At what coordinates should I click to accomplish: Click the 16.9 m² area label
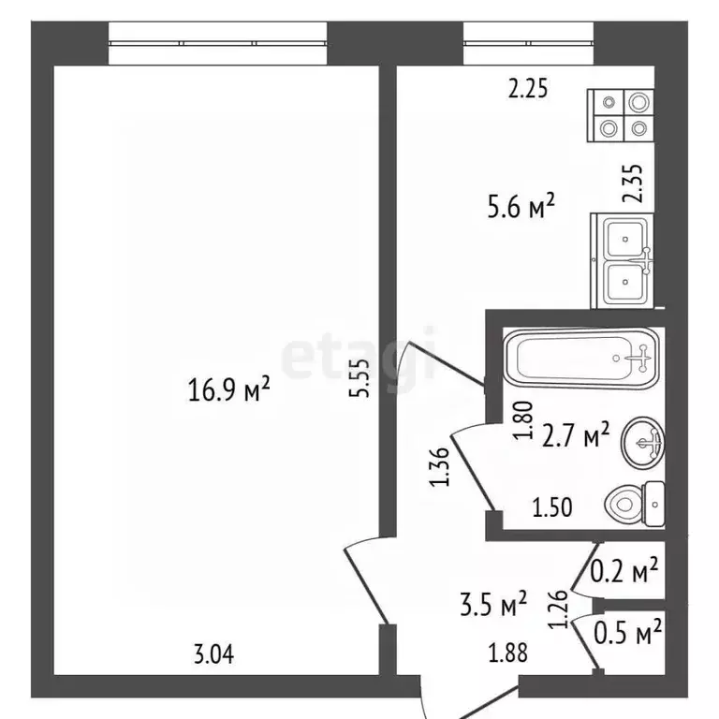pos(228,389)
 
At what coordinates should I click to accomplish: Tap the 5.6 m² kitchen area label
pos(521,206)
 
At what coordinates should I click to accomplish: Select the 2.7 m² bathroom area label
pos(576,434)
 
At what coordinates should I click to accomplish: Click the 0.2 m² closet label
pos(624,570)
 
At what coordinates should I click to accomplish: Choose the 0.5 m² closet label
pos(628,632)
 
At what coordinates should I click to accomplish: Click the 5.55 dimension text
pos(359,377)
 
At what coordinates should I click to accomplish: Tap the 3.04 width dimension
pos(213,653)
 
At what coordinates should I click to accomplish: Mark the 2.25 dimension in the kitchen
pos(528,89)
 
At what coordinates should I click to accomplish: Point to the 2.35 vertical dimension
pos(633,183)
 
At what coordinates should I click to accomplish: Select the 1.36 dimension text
pos(439,466)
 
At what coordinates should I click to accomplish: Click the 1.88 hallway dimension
pos(507,653)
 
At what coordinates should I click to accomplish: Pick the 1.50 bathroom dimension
pos(552,507)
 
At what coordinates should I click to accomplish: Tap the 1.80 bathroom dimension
pos(524,420)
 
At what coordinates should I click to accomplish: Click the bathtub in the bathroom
pos(581,359)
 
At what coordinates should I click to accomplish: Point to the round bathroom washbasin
pos(642,443)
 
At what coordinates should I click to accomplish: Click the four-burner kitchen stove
pos(622,115)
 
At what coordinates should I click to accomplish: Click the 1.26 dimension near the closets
pos(561,609)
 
